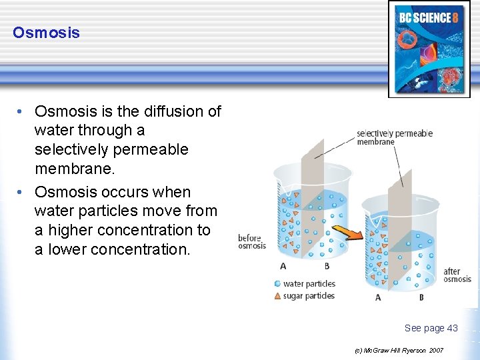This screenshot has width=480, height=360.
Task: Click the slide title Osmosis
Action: click(x=46, y=33)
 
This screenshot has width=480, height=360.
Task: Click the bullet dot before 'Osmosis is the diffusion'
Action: click(x=22, y=111)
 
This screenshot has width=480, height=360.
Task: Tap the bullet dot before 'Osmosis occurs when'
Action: click(x=22, y=192)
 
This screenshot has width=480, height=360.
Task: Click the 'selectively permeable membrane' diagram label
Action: click(x=394, y=137)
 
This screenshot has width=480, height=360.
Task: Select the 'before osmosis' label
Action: click(x=252, y=242)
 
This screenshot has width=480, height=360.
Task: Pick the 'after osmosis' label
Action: click(x=457, y=275)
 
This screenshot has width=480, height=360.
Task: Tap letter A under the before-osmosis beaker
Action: click(x=283, y=267)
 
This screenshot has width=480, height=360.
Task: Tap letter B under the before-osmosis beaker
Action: click(x=326, y=267)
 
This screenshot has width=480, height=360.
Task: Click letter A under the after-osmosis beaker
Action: click(x=378, y=297)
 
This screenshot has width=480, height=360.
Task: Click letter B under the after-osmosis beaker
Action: click(x=421, y=297)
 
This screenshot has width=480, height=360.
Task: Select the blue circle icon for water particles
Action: click(x=277, y=283)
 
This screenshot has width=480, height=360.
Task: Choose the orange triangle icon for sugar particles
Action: click(x=277, y=295)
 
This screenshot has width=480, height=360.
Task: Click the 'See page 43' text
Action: click(x=431, y=328)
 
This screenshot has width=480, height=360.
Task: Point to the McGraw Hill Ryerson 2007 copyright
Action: click(x=399, y=350)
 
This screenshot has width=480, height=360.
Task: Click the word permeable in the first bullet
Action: click(x=145, y=149)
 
